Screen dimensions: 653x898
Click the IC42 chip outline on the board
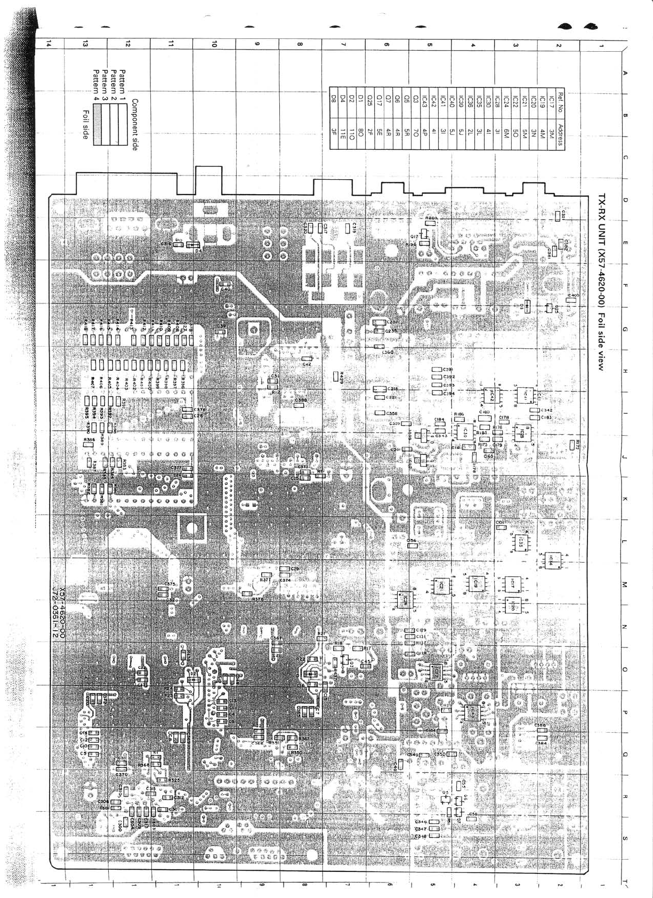pyautogui.click(x=489, y=395)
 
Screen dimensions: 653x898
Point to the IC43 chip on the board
pyautogui.click(x=471, y=712)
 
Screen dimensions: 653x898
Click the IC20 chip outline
pyautogui.click(x=512, y=605)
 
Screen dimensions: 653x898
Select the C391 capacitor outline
pyautogui.click(x=437, y=370)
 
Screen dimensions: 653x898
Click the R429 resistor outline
pyautogui.click(x=336, y=377)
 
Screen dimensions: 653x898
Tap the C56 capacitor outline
pyautogui.click(x=412, y=546)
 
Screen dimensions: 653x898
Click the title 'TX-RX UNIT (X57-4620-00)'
pyautogui.click(x=602, y=251)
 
